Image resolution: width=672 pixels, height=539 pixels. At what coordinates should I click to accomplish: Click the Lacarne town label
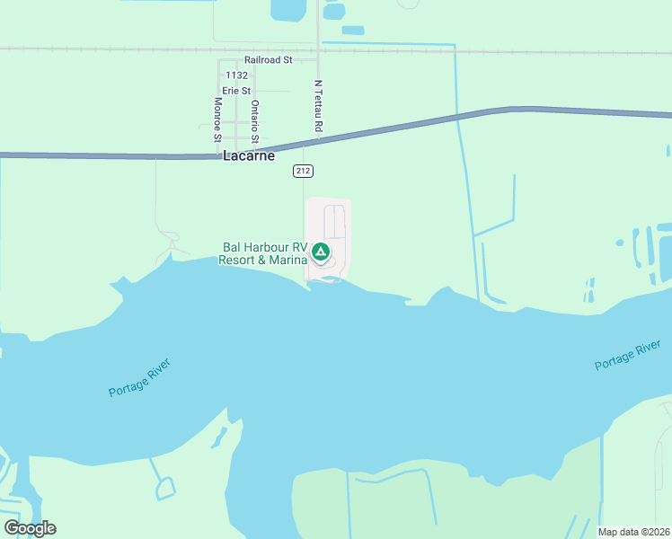[x=250, y=155]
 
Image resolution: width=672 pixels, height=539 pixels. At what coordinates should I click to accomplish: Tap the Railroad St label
[x=269, y=60]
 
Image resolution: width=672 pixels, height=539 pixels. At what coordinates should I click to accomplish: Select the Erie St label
[x=236, y=91]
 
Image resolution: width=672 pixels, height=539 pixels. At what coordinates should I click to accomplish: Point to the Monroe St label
[x=217, y=119]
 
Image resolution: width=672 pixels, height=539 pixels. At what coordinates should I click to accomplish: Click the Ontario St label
[x=255, y=121]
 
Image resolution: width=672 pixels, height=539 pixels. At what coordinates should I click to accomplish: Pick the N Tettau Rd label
[x=318, y=106]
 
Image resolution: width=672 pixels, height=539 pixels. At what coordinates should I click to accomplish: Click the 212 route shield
[x=303, y=170]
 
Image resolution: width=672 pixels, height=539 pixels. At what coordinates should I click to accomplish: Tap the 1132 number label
[x=237, y=75]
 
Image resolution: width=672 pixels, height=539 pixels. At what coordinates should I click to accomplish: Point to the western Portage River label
[x=139, y=378]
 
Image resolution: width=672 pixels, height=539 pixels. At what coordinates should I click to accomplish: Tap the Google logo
[x=30, y=528]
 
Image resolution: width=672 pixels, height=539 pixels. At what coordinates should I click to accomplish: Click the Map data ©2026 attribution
[x=633, y=532]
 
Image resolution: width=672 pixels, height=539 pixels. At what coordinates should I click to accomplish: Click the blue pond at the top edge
[x=287, y=9]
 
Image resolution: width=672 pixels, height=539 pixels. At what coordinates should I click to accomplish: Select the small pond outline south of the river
[x=165, y=489]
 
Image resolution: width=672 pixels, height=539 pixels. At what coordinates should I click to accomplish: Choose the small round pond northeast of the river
[x=619, y=243]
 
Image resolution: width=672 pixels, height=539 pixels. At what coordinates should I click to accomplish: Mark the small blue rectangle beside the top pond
[x=353, y=30]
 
